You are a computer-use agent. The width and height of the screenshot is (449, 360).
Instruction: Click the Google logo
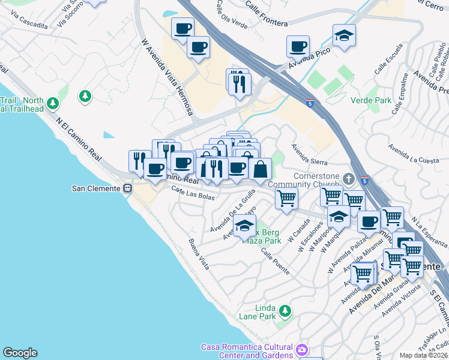(x=20, y=353)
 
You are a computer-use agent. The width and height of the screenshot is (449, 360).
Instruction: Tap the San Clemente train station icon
(x=127, y=188)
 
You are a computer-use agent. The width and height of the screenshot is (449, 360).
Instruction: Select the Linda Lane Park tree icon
(x=286, y=311)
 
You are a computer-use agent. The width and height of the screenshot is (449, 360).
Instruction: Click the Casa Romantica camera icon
(x=302, y=349)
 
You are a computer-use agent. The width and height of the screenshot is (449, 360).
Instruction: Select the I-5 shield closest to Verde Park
(x=309, y=103)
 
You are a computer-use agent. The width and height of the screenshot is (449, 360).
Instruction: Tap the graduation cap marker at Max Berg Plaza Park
(x=244, y=226)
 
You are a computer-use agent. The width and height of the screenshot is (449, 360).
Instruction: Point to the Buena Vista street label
(x=199, y=254)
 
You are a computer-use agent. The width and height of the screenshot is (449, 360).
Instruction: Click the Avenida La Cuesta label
(x=413, y=154)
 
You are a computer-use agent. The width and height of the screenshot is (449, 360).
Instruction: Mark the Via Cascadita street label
(x=25, y=25)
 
